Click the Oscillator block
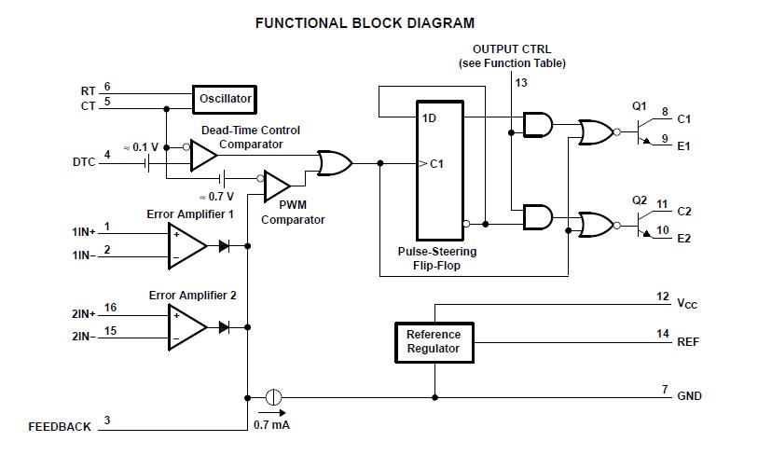pyautogui.click(x=225, y=98)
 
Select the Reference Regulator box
pyautogui.click(x=434, y=341)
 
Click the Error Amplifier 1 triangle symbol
pyautogui.click(x=186, y=245)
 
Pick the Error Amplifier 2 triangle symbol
pyautogui.click(x=186, y=327)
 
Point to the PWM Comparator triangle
pyautogui.click(x=277, y=186)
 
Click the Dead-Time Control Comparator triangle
pyautogui.click(x=202, y=156)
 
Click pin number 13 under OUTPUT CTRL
pyautogui.click(x=520, y=83)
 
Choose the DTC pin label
pyautogui.click(x=84, y=162)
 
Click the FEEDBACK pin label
pyautogui.click(x=60, y=427)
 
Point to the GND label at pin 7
pyautogui.click(x=689, y=396)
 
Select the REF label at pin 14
pyautogui.click(x=688, y=342)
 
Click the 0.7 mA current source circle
pyautogui.click(x=273, y=396)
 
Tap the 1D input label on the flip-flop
pyautogui.click(x=430, y=117)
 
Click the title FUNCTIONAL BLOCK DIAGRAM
pyautogui.click(x=365, y=22)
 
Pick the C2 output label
pyautogui.click(x=684, y=212)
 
